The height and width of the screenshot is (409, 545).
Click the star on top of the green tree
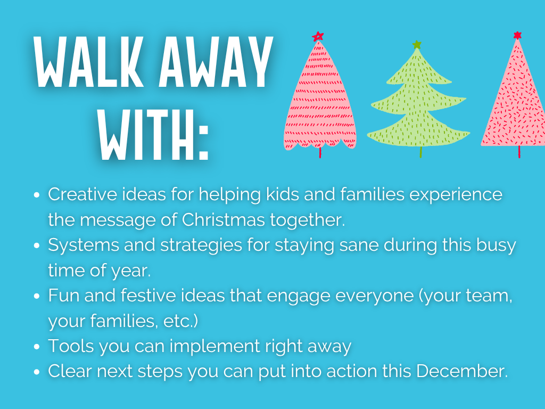coord(417,45)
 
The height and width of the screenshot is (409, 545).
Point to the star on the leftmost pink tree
coord(318,36)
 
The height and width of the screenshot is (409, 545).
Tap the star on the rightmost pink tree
coord(517,35)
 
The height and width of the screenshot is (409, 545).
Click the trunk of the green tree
coord(420,152)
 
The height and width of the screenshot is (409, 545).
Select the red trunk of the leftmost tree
coord(320,153)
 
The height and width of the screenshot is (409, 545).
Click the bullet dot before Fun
coord(37,297)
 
